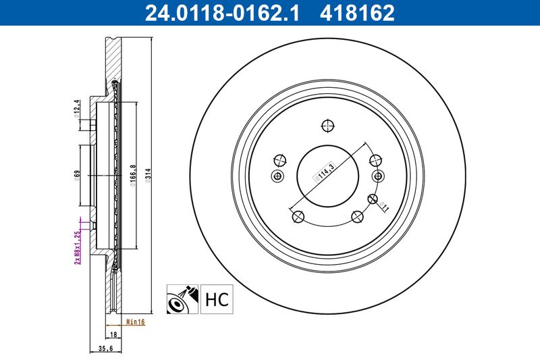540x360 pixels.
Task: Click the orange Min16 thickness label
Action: click(136, 322)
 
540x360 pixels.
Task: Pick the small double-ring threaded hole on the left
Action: click(277, 176)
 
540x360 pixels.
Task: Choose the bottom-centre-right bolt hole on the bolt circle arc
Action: click(358, 216)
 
